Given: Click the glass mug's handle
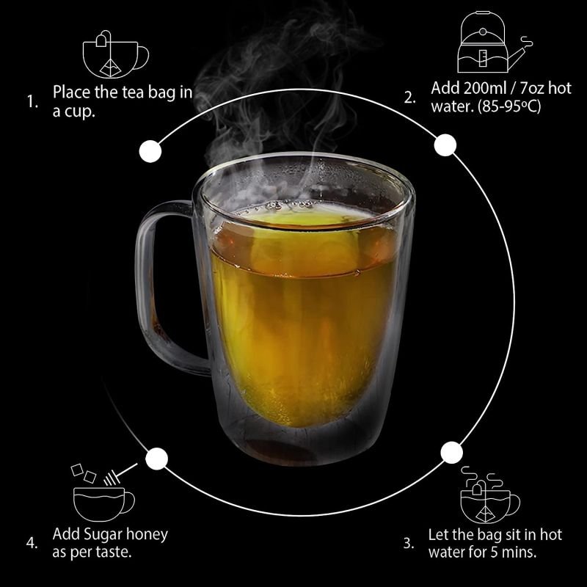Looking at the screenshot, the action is pyautogui.click(x=144, y=285).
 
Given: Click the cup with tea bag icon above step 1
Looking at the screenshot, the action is pyautogui.click(x=115, y=54).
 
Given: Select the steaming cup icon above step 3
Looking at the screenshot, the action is pyautogui.click(x=489, y=495).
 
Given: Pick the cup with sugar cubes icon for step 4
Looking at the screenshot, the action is pyautogui.click(x=103, y=492).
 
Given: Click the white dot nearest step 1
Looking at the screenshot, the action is pyautogui.click(x=150, y=151).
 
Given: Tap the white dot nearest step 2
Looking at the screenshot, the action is pyautogui.click(x=445, y=145).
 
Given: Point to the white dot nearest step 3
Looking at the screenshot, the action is pyautogui.click(x=451, y=453).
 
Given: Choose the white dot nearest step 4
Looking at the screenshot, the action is pyautogui.click(x=156, y=459).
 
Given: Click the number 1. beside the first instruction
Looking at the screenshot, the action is pyautogui.click(x=32, y=101).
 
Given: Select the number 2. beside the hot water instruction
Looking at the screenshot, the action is pyautogui.click(x=410, y=98).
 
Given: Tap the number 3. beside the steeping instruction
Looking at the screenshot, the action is pyautogui.click(x=409, y=543).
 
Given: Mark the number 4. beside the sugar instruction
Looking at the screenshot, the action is pyautogui.click(x=32, y=543).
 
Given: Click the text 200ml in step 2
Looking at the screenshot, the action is pyautogui.click(x=484, y=88).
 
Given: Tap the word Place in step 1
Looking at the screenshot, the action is pyautogui.click(x=71, y=92).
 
